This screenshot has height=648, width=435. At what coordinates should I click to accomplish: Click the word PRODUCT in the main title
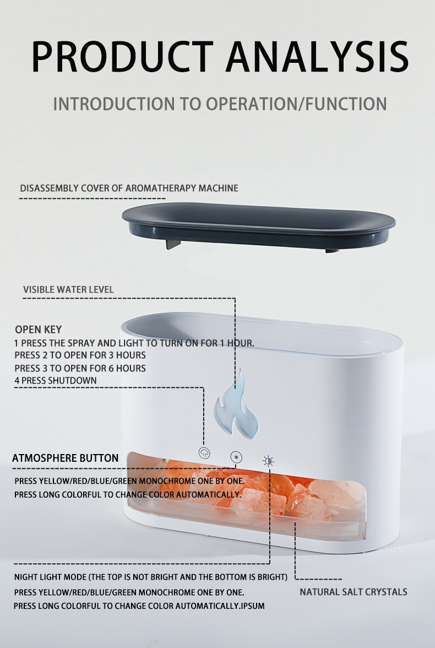(x=122, y=57)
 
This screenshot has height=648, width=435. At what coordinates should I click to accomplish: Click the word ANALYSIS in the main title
(x=317, y=57)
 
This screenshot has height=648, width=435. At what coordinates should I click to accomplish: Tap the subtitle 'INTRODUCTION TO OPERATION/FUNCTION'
(x=220, y=104)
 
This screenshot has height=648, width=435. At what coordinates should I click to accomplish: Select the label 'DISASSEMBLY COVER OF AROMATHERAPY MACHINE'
(x=129, y=188)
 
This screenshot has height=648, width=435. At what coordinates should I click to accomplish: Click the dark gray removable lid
(x=259, y=225)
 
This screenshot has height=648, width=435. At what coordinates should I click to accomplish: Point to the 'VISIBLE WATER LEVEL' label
(x=68, y=289)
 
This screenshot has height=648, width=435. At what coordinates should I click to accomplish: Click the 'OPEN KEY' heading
(x=39, y=330)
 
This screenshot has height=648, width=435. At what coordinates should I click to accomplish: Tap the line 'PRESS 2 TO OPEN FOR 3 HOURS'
(x=80, y=355)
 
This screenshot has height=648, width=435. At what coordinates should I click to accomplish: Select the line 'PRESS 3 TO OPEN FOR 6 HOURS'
(x=80, y=368)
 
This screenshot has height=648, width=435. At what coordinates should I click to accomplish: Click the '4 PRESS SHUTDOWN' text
(x=56, y=380)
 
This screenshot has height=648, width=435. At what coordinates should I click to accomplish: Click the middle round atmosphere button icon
(x=236, y=457)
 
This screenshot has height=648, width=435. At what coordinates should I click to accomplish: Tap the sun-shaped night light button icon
(x=268, y=461)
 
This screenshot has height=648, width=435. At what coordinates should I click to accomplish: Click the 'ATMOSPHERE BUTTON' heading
(x=66, y=458)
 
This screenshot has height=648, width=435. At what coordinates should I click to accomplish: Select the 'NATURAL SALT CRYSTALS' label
(x=353, y=592)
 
